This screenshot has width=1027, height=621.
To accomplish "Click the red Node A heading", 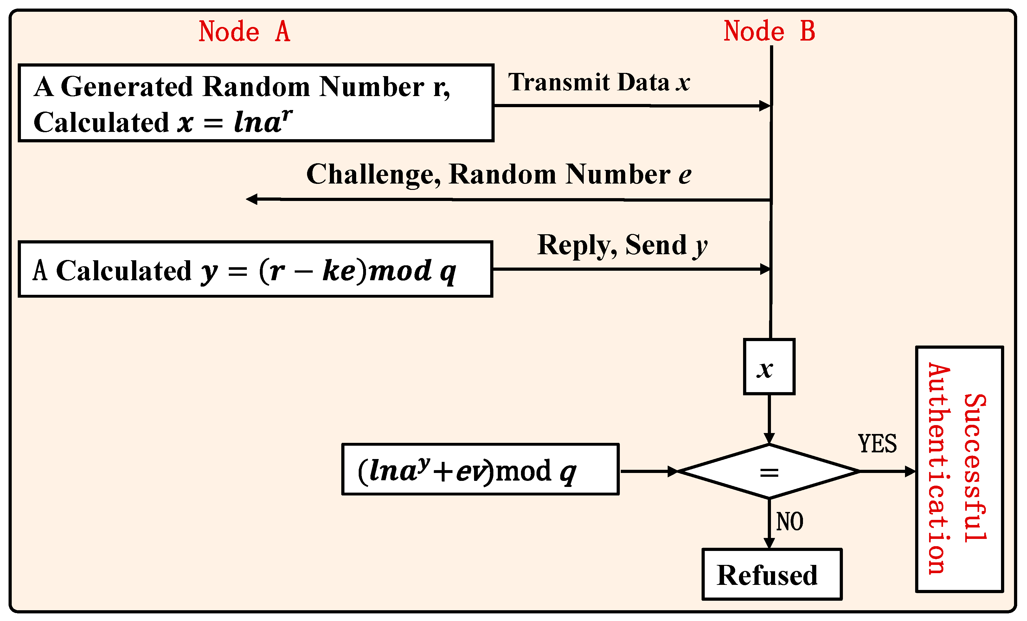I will pos(244,31).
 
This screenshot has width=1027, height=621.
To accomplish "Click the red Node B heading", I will pos(769,31).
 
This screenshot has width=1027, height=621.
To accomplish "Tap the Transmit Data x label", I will pos(599,82).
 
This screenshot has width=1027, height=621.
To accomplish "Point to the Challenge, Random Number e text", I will pos(498,174).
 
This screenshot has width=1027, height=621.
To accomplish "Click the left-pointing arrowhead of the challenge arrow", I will pos(252,199).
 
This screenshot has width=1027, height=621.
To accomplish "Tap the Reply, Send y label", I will pos(622,245).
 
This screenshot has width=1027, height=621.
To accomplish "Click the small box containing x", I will pos(769,366).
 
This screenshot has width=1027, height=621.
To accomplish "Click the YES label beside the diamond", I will pos(877,443).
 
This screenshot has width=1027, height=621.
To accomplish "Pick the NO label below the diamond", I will pos(789,521).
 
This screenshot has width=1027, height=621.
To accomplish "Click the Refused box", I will pos(772,575).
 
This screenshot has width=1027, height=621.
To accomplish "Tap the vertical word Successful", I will pos(974,468).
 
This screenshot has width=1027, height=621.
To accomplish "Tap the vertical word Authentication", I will pos(939,468).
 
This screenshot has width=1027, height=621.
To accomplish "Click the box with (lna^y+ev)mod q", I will pos(480,469).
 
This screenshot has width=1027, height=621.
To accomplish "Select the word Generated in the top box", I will pos(127,87).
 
